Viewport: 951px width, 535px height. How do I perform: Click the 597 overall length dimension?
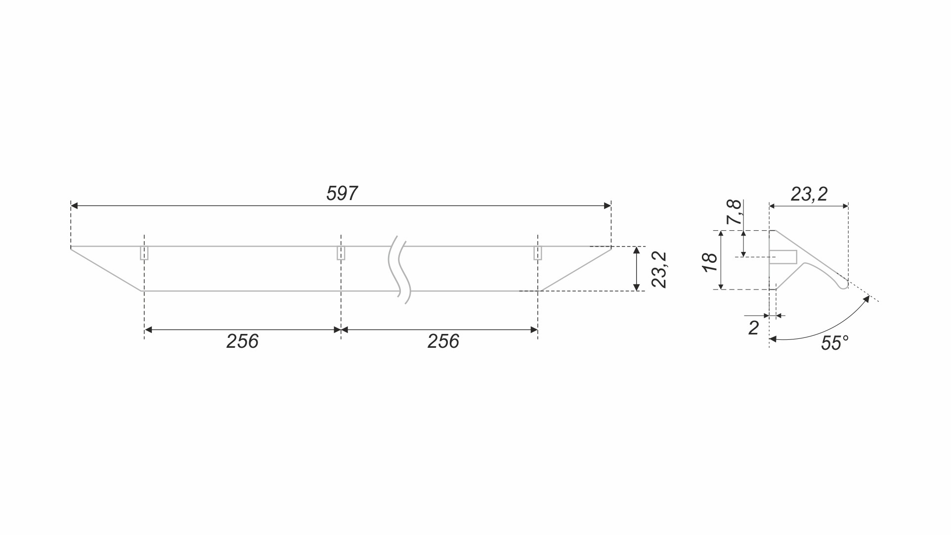(x=342, y=194)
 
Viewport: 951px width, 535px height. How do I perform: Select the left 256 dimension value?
(x=242, y=341)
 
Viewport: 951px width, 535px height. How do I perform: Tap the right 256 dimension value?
(x=443, y=341)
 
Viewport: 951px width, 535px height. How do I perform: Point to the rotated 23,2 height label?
(x=659, y=269)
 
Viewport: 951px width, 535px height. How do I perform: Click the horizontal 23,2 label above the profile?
(x=809, y=194)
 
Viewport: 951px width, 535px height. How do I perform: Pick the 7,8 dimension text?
(x=734, y=212)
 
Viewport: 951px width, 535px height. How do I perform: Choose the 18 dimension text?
(x=710, y=262)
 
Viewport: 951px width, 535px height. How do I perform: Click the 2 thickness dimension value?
(x=753, y=328)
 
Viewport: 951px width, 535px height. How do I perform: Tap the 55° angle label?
(x=834, y=343)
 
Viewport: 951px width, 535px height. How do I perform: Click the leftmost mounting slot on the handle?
(x=144, y=252)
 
